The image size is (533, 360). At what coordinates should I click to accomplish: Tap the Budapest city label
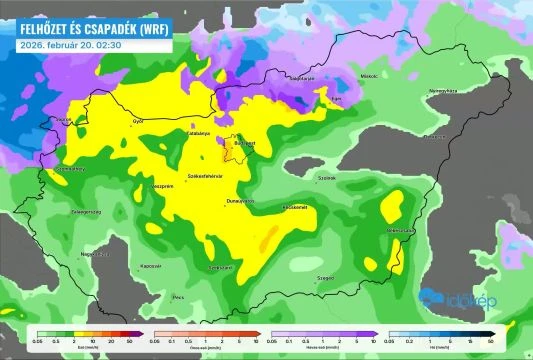pos(243,143)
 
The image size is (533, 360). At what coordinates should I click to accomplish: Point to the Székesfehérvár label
pos(203,177)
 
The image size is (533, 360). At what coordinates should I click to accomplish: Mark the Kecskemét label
pos(294,207)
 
